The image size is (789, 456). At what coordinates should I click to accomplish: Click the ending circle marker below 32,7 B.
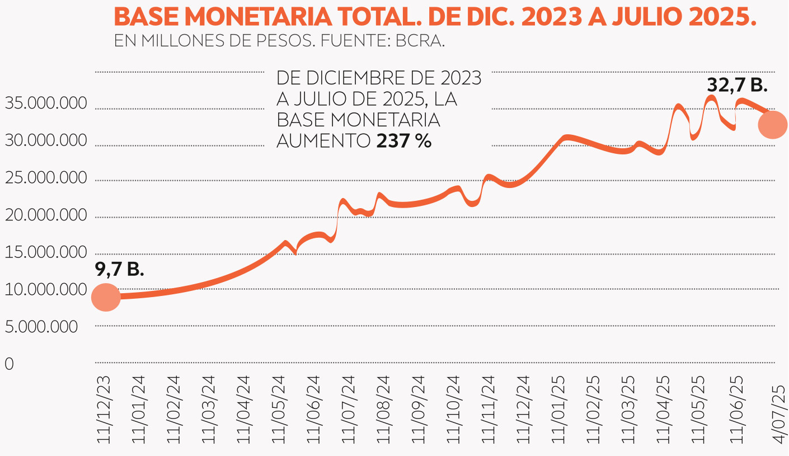(x=772, y=125)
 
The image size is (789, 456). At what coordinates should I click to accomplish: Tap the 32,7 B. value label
(x=737, y=84)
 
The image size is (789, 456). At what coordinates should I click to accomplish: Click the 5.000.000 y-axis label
(x=41, y=327)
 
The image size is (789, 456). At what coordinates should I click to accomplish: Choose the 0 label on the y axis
(x=9, y=364)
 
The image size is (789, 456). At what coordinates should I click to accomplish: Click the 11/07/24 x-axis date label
(x=348, y=415)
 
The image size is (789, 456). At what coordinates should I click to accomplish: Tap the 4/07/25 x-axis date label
(x=779, y=415)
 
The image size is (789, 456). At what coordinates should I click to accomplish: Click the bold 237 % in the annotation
(x=403, y=142)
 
